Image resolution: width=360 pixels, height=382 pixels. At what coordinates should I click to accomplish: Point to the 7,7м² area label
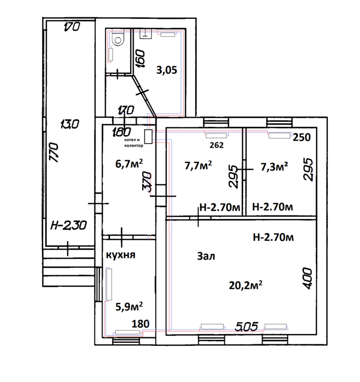pos(197,166)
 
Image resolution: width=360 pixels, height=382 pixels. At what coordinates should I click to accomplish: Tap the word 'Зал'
pos(206,257)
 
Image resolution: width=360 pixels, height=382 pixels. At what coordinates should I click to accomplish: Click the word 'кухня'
pos(120,255)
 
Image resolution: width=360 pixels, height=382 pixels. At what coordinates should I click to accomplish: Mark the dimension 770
pos(55,152)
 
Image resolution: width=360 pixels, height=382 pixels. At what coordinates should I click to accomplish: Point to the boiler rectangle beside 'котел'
pos(147,136)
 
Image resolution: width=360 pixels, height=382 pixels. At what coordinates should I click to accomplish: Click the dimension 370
pos(146,181)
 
